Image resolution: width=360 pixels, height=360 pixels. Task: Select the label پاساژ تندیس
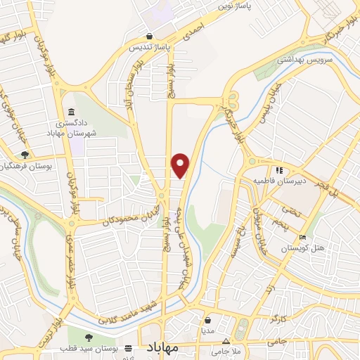(148, 47)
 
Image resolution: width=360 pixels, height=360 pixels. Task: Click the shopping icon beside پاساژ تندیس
(148, 36)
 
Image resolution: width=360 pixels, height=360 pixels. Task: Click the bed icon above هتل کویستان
(302, 238)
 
